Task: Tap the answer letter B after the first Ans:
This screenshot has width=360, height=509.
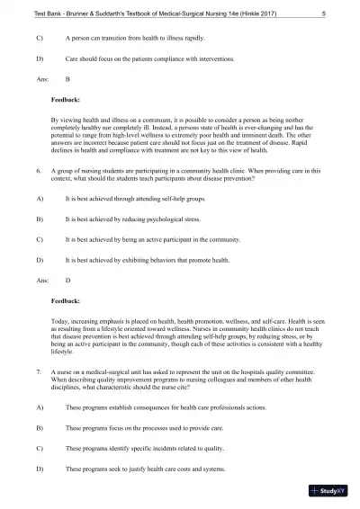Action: click(67, 80)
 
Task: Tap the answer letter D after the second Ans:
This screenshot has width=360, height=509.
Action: click(67, 281)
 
